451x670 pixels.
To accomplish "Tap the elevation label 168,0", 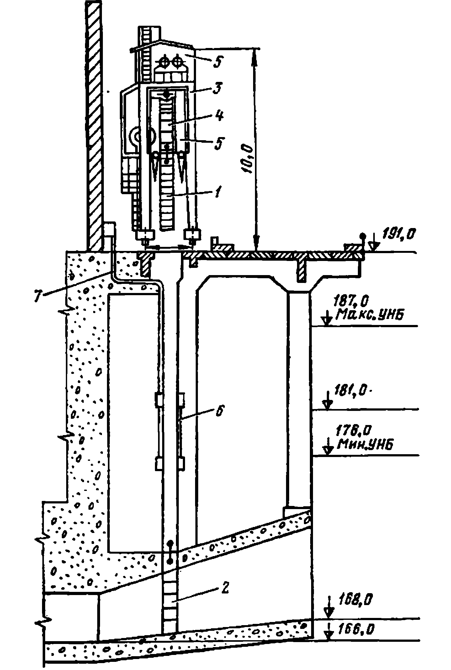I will (x=356, y=600).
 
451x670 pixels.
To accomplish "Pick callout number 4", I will (x=219, y=115).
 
